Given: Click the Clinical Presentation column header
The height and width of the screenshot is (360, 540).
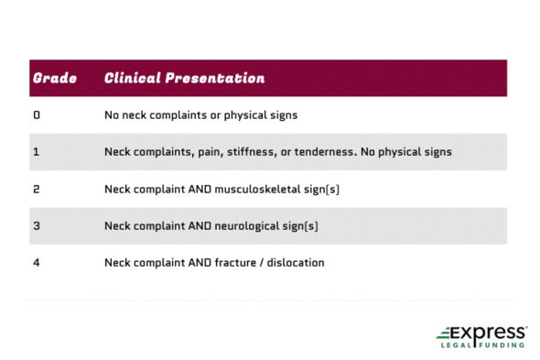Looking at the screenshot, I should (184, 78).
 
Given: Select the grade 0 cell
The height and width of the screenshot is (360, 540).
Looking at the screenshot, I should (37, 115).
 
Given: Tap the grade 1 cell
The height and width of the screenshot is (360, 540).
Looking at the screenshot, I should (37, 152).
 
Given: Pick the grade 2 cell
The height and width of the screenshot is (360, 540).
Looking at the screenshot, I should (37, 189).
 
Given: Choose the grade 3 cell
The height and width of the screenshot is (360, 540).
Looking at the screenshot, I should (37, 225).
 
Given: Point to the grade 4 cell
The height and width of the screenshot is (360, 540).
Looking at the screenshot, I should (37, 263).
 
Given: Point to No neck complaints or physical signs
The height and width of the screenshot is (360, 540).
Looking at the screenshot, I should (200, 115).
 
